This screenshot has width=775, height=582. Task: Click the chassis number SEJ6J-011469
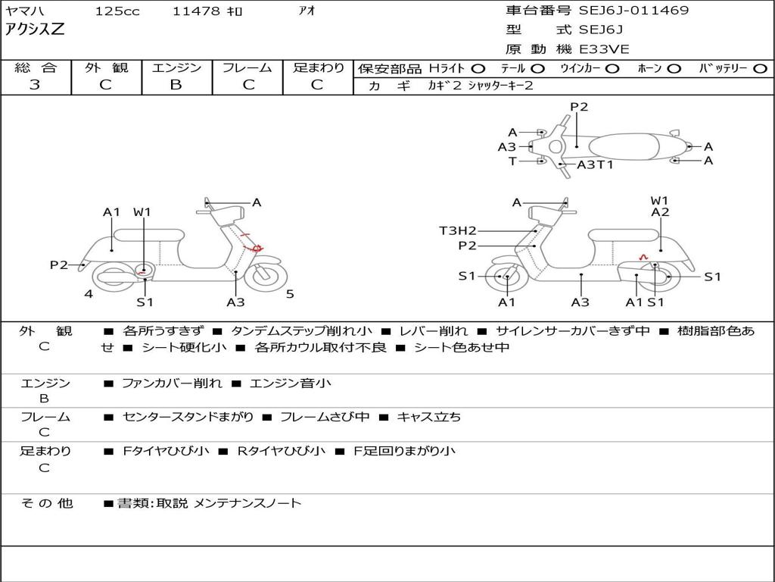[x=633, y=11]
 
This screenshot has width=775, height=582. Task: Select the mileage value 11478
[x=196, y=11]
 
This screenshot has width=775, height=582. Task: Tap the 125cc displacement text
[x=112, y=11]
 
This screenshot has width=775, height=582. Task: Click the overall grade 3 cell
[x=35, y=84]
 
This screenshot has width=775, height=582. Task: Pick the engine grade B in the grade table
[x=176, y=84]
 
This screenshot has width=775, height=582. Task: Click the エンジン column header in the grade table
[x=176, y=67]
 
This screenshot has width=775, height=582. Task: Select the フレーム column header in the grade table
[x=247, y=67]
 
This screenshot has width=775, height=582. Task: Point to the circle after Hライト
[x=478, y=68]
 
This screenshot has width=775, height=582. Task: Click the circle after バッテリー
[x=760, y=68]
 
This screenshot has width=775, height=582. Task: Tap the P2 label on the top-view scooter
[x=579, y=107]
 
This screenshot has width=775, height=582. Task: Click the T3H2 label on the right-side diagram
[x=458, y=230]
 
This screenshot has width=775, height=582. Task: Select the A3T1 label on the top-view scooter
[x=595, y=164]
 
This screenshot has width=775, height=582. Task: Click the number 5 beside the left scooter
[x=290, y=294]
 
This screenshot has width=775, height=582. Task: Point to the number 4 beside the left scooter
[x=89, y=294]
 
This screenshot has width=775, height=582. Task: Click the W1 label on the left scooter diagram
[x=142, y=212]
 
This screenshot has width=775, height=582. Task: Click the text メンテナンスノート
[x=247, y=502]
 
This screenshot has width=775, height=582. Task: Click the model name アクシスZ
[x=35, y=30]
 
